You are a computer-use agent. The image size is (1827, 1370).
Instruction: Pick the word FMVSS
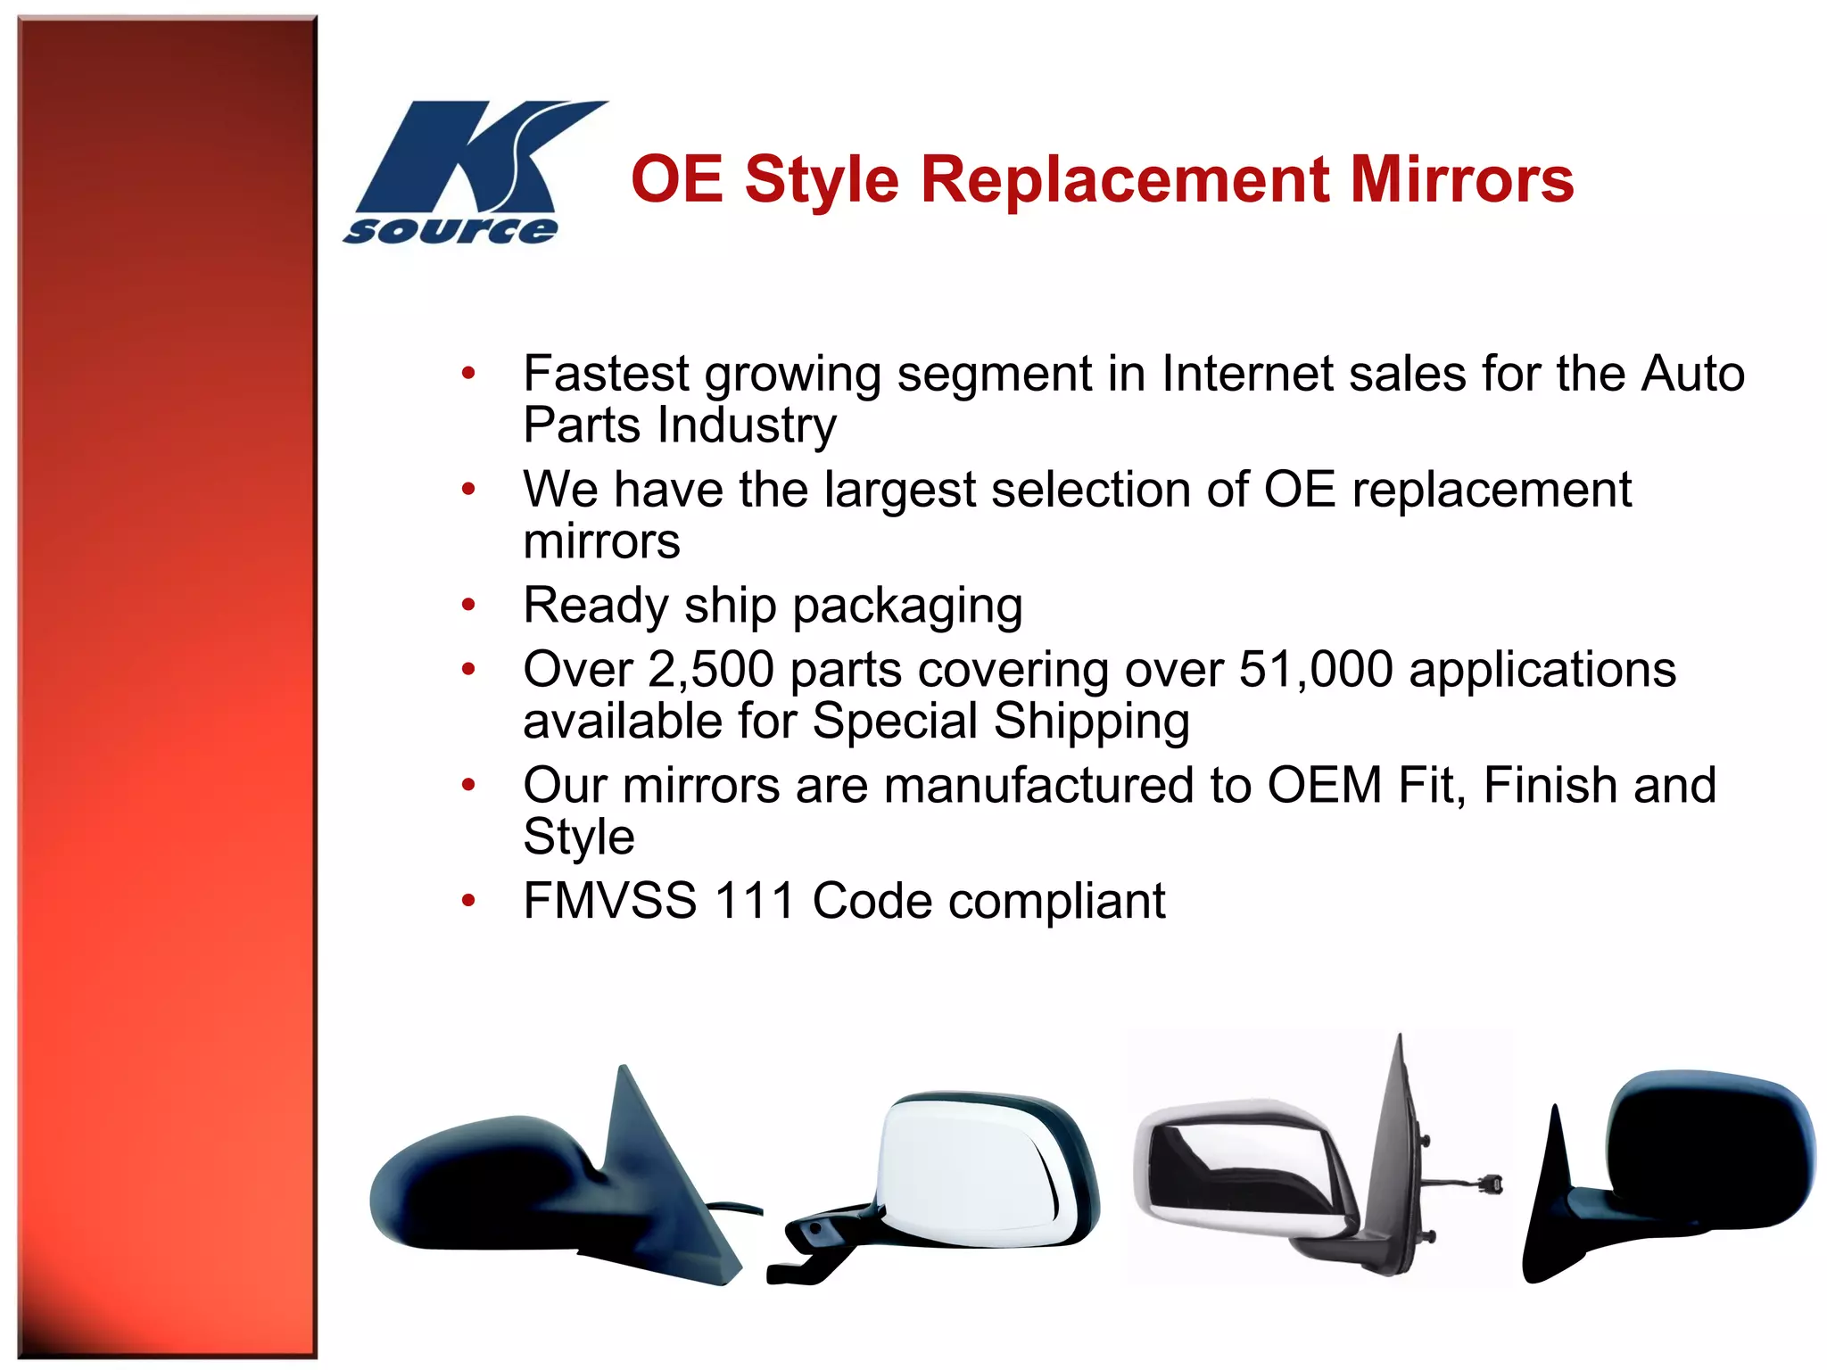click(x=609, y=901)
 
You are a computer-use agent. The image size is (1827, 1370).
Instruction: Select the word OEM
click(x=1325, y=786)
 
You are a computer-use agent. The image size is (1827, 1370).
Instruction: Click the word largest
click(x=900, y=491)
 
